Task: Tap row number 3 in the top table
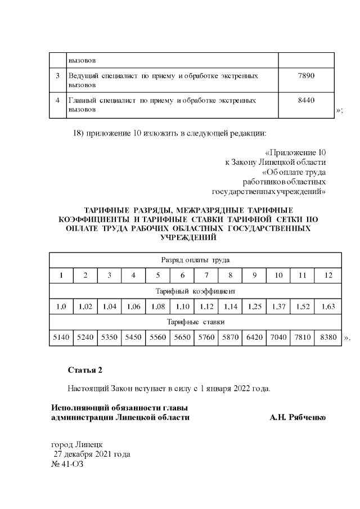[58, 75]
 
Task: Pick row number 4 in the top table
[58, 100]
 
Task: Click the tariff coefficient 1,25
[255, 307]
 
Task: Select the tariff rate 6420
[255, 337]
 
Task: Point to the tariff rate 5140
[61, 337]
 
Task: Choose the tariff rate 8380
[328, 337]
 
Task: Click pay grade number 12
[328, 276]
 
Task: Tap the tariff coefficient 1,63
[328, 307]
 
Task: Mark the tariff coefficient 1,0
[61, 307]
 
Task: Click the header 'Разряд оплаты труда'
[195, 260]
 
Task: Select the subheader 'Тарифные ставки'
[195, 322]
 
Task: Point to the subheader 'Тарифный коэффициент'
[195, 291]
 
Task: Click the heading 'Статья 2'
[85, 370]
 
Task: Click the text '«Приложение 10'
[295, 152]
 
